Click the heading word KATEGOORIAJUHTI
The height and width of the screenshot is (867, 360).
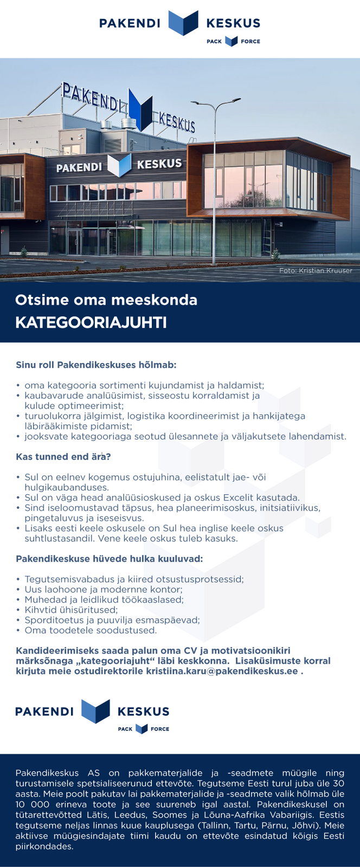91,323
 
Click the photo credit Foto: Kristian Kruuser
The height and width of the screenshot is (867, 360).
316,270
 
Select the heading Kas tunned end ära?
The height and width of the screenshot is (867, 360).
63,456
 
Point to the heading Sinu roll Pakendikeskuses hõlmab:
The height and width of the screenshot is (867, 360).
96,365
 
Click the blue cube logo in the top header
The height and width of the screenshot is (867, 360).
183,23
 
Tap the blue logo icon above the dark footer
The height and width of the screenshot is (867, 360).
95,711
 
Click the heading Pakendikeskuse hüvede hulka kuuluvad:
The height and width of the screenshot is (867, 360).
109,559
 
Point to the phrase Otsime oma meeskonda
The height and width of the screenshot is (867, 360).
106,300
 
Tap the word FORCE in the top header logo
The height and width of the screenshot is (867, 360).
250,41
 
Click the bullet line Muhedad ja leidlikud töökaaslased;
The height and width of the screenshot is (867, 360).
104,599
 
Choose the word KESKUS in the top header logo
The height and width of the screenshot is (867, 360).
233,23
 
